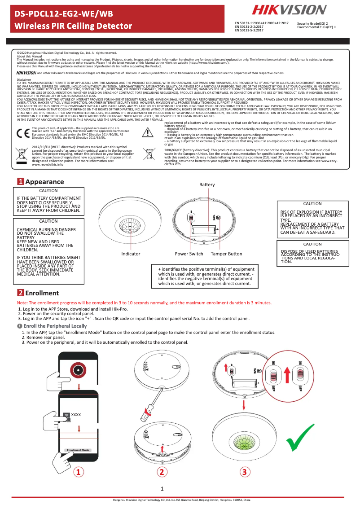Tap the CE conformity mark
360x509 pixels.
pyautogui.click(x=22, y=133)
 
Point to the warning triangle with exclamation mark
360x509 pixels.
pyautogui.click(x=148, y=132)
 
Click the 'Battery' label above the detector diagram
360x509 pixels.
pyautogui.click(x=207, y=185)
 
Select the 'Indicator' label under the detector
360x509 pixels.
pyautogui.click(x=131, y=254)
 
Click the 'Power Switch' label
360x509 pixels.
pyautogui.click(x=189, y=254)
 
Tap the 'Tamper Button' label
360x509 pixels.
pyautogui.click(x=226, y=254)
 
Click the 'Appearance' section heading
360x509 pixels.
pyautogui.click(x=44, y=182)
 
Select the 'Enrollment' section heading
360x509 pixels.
pyautogui.click(x=42, y=293)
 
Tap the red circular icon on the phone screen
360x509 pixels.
pyautogui.click(x=79, y=370)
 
